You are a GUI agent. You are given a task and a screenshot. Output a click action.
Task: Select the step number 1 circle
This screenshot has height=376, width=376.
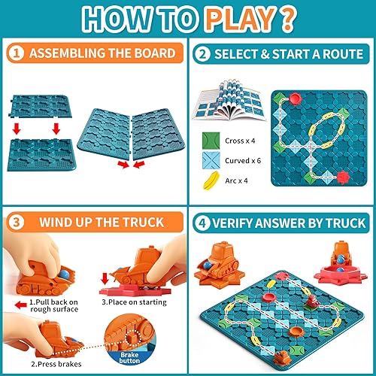point(17,53)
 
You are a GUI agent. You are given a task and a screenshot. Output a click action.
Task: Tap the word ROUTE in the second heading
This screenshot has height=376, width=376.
point(339,54)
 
